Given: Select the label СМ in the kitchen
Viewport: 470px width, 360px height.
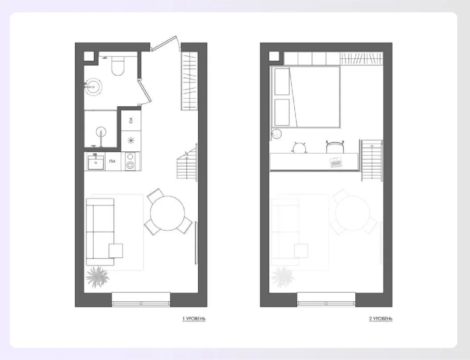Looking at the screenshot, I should click(x=131, y=120).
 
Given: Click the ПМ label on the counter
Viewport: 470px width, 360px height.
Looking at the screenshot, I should click(x=112, y=161).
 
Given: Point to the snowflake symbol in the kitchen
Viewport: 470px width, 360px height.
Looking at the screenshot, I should click(x=131, y=140).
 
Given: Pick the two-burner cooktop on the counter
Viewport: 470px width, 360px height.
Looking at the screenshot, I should click(x=130, y=161).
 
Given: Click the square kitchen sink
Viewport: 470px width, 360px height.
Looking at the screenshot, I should click(x=95, y=162).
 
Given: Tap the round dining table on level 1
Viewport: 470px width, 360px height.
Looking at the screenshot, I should click(x=167, y=213).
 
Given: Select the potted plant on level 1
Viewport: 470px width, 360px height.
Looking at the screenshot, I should click(x=97, y=276).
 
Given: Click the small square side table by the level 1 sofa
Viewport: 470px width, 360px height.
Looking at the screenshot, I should click(x=116, y=251).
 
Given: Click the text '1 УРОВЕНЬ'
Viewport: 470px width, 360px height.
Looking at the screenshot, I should click(x=194, y=318).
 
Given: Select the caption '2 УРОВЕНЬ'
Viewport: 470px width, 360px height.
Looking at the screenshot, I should click(x=380, y=318).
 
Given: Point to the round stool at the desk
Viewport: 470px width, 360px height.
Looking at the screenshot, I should click(x=300, y=148).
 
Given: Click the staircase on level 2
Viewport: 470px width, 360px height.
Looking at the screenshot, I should click(x=372, y=161).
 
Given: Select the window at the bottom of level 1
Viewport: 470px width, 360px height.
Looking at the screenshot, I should click(x=141, y=299).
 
